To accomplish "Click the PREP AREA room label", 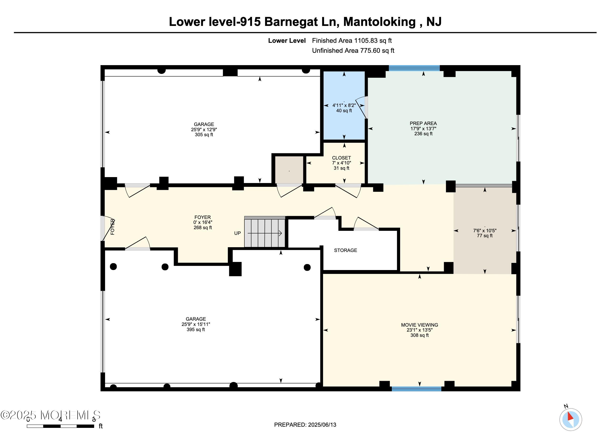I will (423, 123).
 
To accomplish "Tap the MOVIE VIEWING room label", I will (419, 325).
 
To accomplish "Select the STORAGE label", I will (345, 250).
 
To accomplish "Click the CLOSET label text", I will (341, 158).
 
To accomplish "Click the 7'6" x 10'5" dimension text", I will (485, 230).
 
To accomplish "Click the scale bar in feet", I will (60, 426).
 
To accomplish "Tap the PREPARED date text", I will (305, 425).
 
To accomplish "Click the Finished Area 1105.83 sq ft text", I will (351, 40).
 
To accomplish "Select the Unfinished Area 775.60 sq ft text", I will (353, 51).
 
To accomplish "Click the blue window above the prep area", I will (414, 68).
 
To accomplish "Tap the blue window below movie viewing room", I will (416, 389).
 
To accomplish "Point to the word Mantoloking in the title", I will (379, 22).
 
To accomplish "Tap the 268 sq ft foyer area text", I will (203, 227).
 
